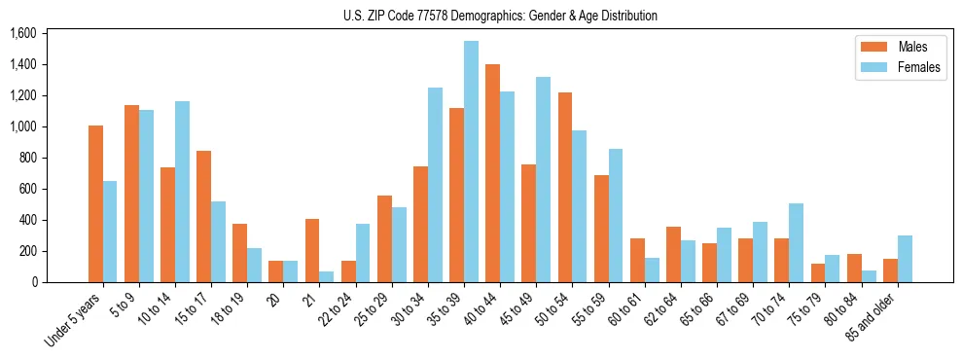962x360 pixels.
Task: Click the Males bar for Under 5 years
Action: [x=95, y=204]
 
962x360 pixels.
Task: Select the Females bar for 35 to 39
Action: [x=471, y=162]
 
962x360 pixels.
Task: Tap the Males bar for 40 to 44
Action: [x=492, y=173]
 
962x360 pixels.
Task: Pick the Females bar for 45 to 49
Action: [x=543, y=180]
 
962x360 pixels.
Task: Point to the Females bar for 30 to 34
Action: [x=435, y=185]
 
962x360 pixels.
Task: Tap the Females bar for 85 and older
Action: [x=905, y=259]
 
